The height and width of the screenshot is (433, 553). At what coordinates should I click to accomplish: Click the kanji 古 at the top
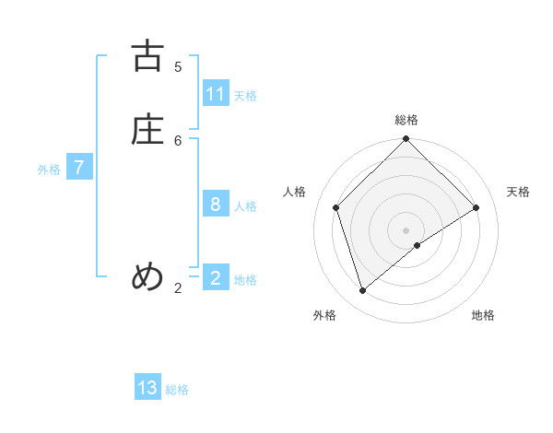tap(147, 56)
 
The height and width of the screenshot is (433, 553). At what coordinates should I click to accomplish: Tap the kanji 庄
tap(147, 129)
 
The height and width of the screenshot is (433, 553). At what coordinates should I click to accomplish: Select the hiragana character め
tap(147, 276)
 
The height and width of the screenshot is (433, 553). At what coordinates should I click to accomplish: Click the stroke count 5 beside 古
tap(178, 66)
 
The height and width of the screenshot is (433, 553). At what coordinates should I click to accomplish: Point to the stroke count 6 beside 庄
tap(178, 140)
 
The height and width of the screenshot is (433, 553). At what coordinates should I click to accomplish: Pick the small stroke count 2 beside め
tap(178, 288)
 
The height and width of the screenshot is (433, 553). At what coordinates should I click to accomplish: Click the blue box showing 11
tap(216, 93)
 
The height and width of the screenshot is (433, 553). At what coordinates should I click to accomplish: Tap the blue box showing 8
tap(216, 204)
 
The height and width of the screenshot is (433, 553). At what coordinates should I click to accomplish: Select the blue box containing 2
tap(216, 276)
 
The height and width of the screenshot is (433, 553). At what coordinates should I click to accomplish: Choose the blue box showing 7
tap(79, 168)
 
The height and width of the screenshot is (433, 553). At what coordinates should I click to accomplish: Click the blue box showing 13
tap(147, 388)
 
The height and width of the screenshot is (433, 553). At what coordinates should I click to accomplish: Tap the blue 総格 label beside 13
tap(177, 390)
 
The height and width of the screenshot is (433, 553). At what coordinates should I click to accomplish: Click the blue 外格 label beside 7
tap(49, 170)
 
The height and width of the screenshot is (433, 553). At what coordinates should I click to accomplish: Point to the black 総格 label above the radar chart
tap(406, 120)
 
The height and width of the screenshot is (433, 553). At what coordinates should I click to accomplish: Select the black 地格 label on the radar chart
tap(483, 315)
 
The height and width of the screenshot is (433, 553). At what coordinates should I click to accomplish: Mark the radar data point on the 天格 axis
tap(477, 207)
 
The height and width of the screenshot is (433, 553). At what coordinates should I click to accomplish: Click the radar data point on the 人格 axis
tap(336, 207)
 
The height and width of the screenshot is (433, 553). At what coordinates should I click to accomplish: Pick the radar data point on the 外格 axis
tap(363, 290)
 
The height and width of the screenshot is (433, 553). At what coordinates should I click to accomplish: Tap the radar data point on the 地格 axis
tap(418, 245)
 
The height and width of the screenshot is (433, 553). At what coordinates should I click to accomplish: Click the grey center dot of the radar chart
tap(406, 229)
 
